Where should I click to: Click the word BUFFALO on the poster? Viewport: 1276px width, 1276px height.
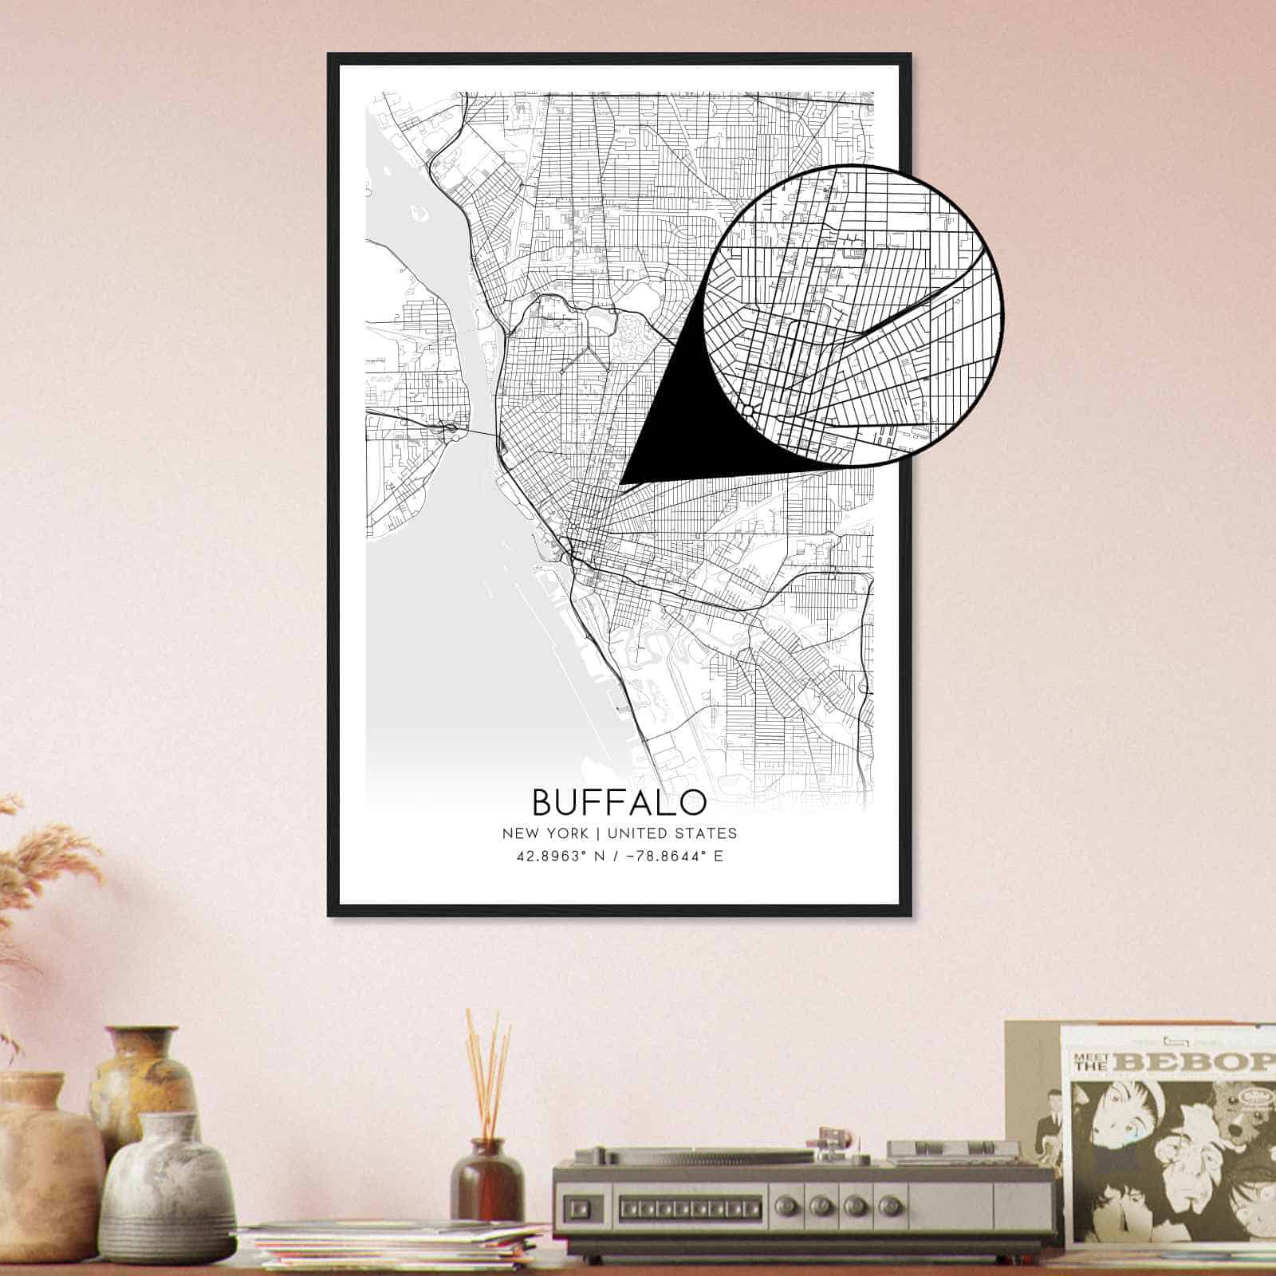click(619, 801)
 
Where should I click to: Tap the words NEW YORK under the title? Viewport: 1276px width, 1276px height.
click(545, 833)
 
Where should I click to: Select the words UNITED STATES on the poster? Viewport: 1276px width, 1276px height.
click(671, 833)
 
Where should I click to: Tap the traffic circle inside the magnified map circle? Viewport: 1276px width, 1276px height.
click(750, 409)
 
